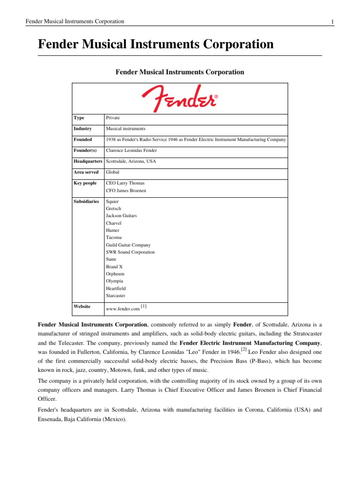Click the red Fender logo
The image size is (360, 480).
click(x=180, y=98)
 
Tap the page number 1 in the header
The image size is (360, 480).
click(x=332, y=22)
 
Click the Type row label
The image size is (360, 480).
click(x=79, y=118)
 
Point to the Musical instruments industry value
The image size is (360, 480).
click(x=126, y=128)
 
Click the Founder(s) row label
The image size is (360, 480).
click(x=85, y=150)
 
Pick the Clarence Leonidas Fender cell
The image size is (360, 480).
click(x=131, y=150)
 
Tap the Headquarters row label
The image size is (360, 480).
click(x=88, y=161)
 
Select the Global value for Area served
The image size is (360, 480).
click(x=112, y=172)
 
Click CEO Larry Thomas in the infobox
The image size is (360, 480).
click(x=125, y=183)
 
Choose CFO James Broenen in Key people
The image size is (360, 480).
click(x=127, y=190)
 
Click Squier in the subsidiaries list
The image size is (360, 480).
click(x=112, y=202)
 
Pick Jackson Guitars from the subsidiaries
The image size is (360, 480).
click(x=121, y=216)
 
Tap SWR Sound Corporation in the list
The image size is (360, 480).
click(x=130, y=252)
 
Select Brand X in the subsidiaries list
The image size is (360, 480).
click(x=114, y=266)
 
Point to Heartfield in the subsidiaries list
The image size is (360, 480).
click(x=116, y=288)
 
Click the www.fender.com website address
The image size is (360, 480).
click(x=123, y=309)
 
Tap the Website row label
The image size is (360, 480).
click(x=82, y=306)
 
